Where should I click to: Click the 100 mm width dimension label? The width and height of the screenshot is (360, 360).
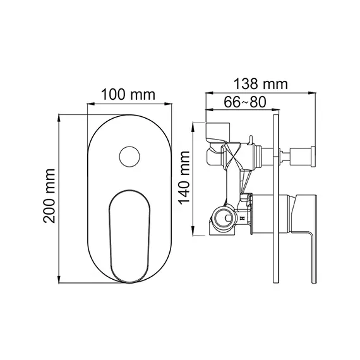(x=129, y=95)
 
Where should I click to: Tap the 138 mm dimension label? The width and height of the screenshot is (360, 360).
(x=260, y=83)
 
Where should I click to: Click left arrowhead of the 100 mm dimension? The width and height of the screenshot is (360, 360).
(x=88, y=105)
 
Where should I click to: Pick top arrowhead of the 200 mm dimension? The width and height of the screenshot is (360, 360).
(x=59, y=116)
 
